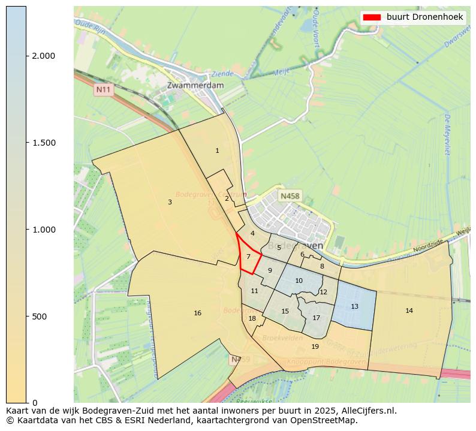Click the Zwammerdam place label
(195, 86)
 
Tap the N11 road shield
(104, 90)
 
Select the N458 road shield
(290, 196)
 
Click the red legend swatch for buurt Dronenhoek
(372, 17)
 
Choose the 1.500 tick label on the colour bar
(44, 143)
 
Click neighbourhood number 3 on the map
(170, 203)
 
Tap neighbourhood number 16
(197, 314)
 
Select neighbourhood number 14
(409, 311)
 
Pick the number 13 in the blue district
(354, 307)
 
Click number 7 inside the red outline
(248, 257)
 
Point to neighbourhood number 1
(217, 151)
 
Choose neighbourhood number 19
(315, 347)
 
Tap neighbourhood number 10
(299, 281)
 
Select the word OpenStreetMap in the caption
(333, 420)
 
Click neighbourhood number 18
(252, 319)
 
